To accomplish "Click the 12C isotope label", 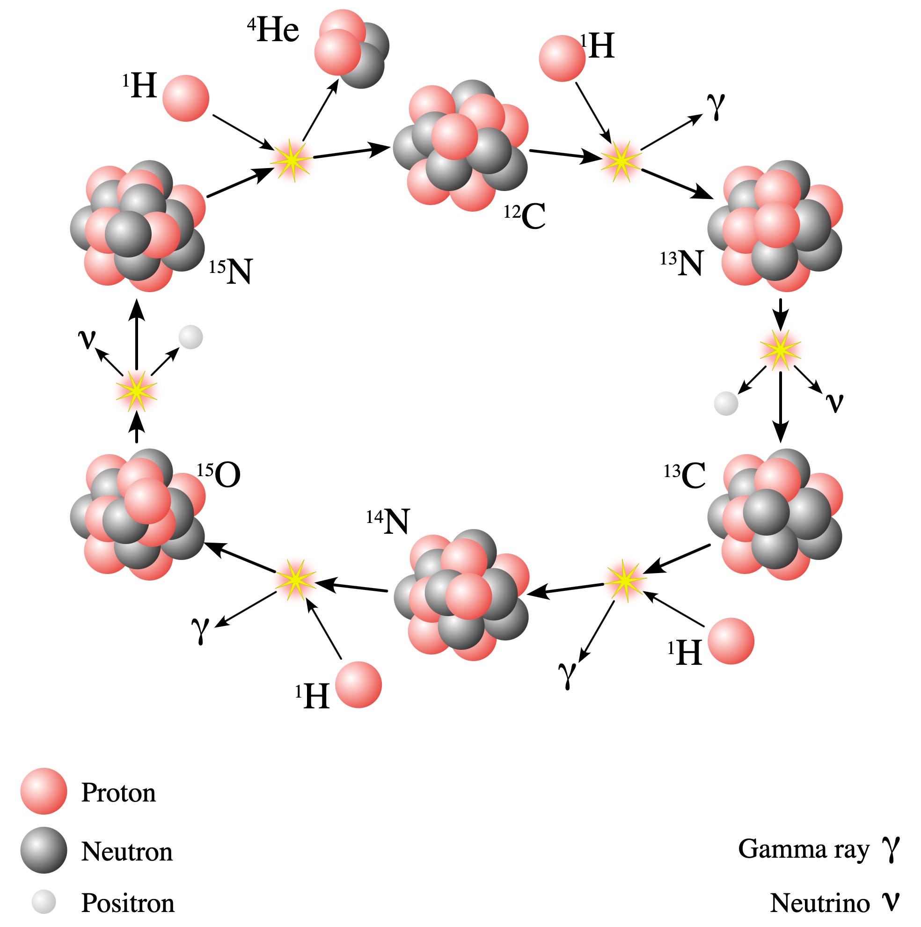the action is coord(525,216).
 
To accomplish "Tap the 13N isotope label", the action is coord(682,263).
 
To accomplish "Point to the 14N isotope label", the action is coord(387,521).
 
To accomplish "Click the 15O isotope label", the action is coord(219,475).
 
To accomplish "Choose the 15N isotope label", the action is coord(231,271).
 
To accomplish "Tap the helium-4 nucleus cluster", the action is coord(351,49).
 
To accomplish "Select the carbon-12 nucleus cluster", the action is coord(460,145).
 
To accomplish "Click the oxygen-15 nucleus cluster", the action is coord(138,515).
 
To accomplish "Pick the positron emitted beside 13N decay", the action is coord(726,403).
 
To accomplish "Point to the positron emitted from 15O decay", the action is coord(190,337).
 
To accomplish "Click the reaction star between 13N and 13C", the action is coord(781,350).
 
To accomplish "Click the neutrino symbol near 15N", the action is coord(87,339).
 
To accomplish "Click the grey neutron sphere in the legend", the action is coord(44,850).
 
